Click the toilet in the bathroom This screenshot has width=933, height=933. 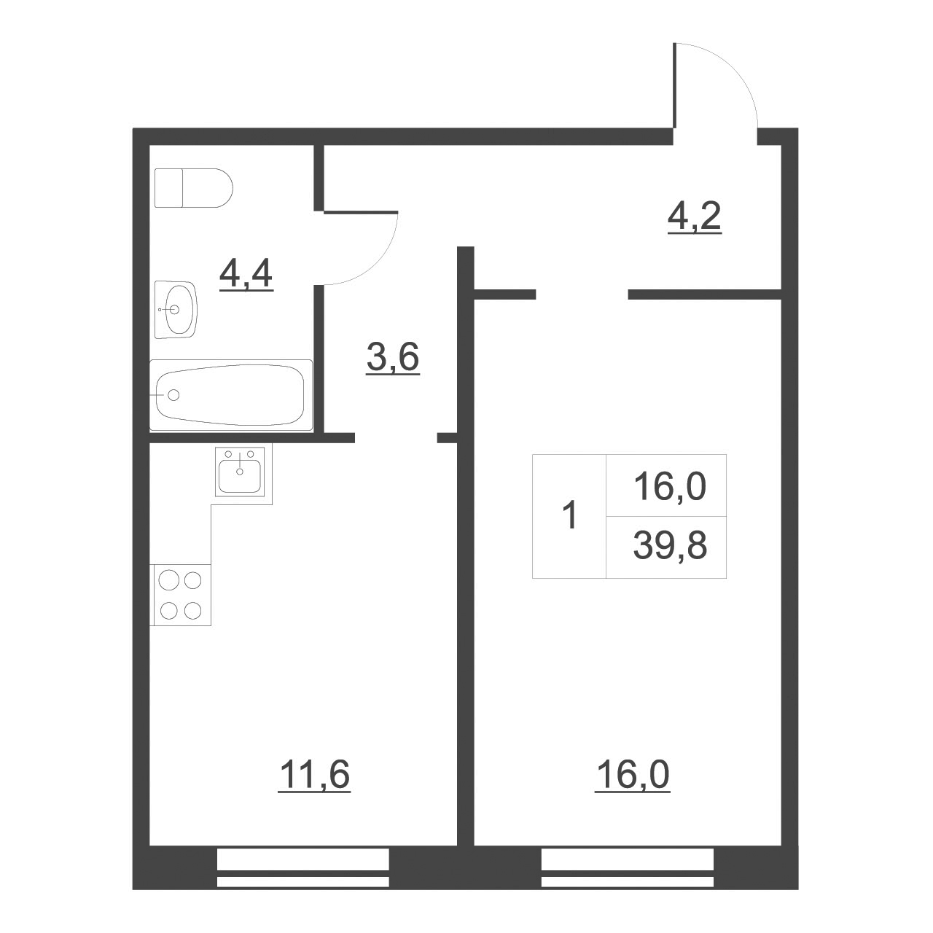(194, 188)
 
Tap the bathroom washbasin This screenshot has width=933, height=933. (176, 309)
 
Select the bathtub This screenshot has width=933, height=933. (231, 394)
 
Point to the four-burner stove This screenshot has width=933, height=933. (181, 595)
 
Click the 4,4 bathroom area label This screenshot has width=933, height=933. (246, 276)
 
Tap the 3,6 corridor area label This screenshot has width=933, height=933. (393, 358)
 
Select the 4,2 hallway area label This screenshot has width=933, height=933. (695, 216)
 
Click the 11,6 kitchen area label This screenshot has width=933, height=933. (314, 775)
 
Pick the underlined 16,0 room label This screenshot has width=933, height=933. (632, 775)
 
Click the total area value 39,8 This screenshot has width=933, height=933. (670, 546)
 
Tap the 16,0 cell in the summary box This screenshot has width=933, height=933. (670, 486)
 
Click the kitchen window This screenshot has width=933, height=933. (303, 867)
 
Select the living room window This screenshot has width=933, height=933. (628, 867)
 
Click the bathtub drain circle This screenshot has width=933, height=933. (173, 395)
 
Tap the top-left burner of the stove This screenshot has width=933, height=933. (168, 581)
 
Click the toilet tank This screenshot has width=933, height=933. (168, 188)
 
